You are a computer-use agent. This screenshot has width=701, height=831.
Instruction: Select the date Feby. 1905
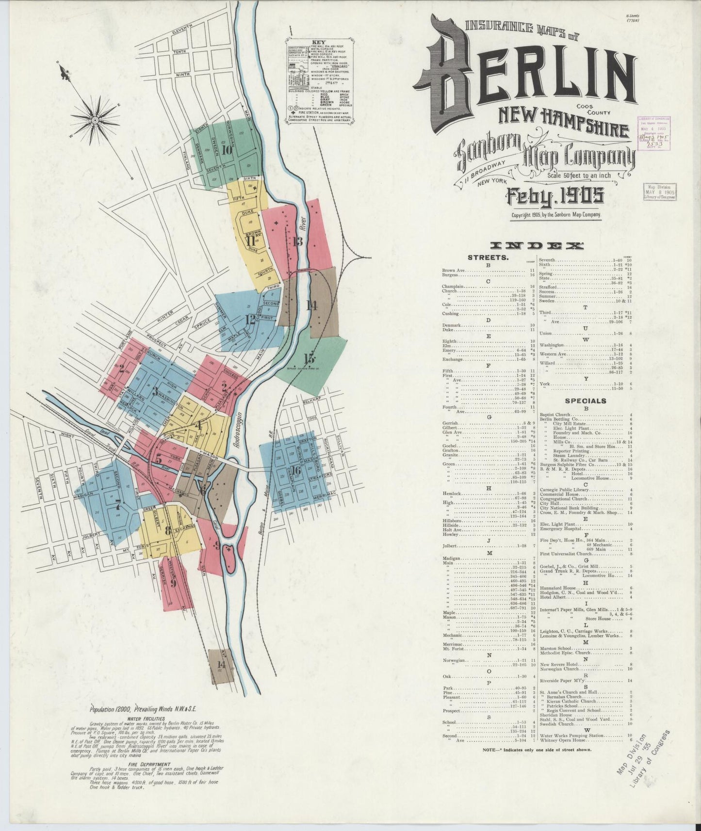(x=555, y=196)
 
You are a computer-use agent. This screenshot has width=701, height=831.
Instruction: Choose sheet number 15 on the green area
(x=309, y=359)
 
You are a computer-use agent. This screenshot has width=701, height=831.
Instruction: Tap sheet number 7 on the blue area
(x=118, y=505)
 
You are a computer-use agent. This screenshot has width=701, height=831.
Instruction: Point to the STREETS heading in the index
(x=488, y=257)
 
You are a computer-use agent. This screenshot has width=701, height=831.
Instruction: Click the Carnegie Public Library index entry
(x=564, y=490)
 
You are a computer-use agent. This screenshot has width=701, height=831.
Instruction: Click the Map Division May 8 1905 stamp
(x=659, y=191)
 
